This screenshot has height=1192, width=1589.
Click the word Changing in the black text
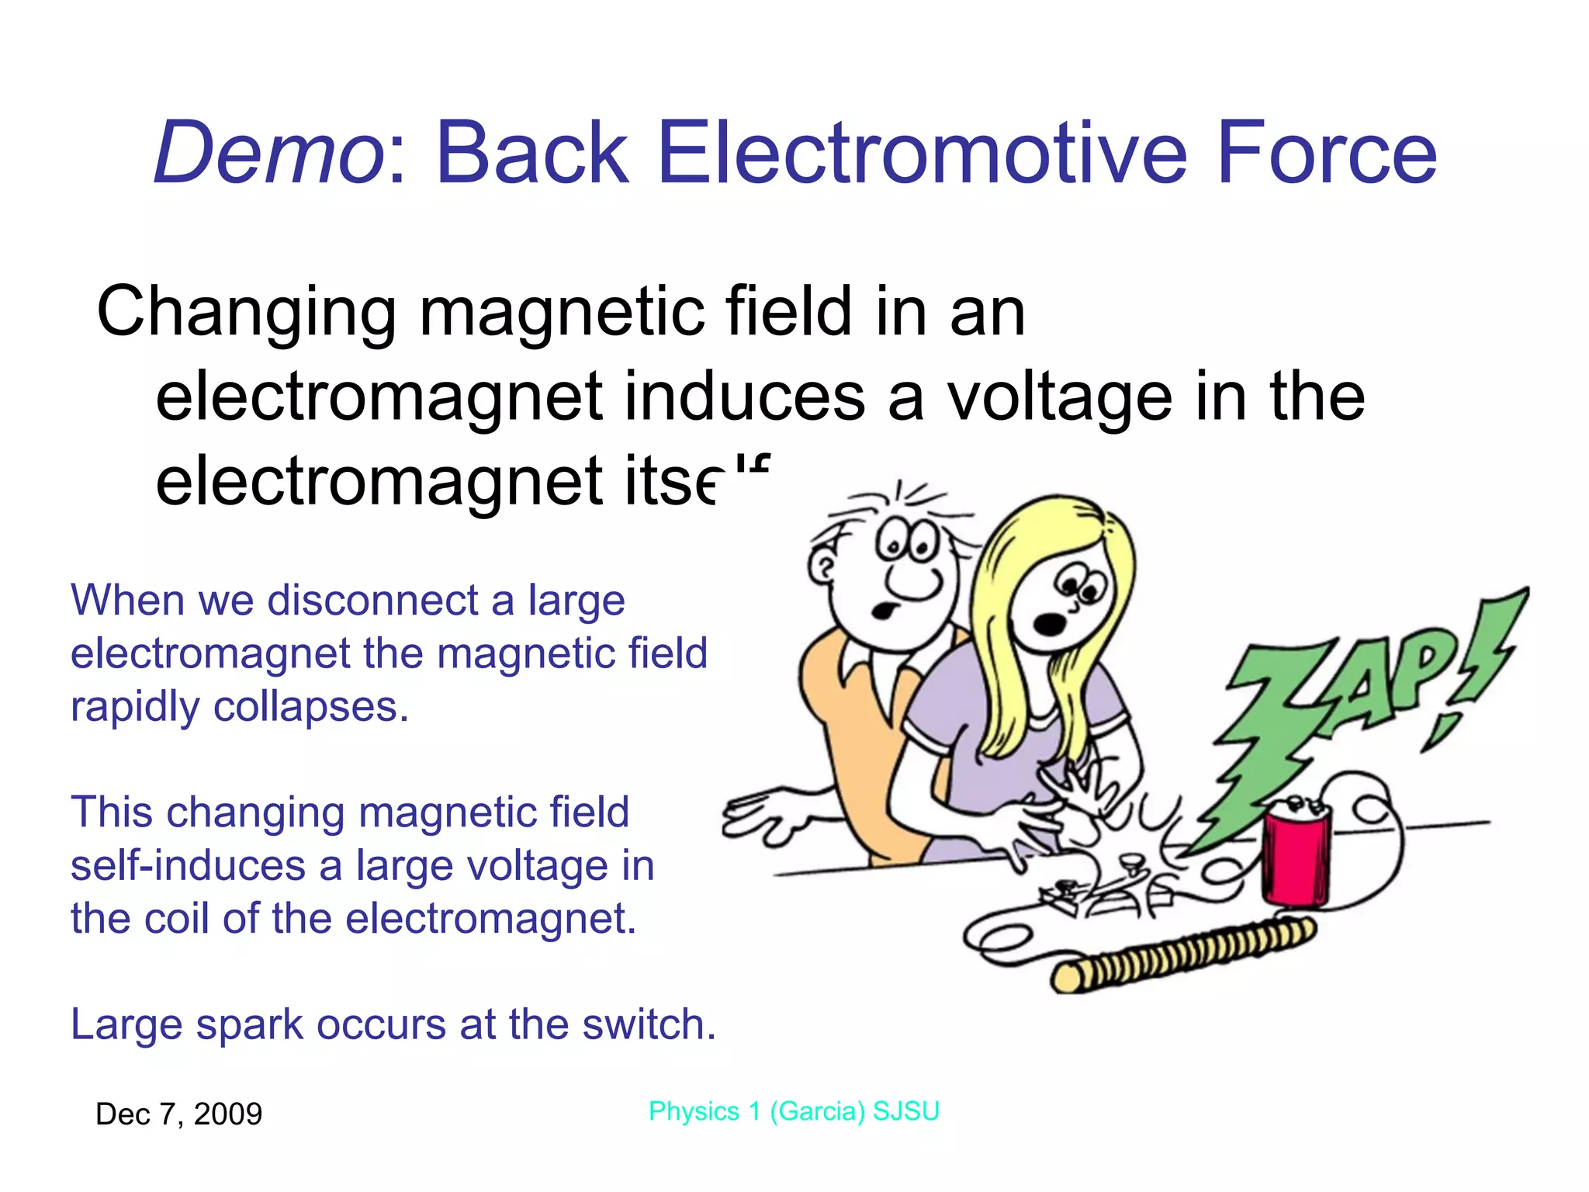246,312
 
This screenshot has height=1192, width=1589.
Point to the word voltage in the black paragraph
1059,397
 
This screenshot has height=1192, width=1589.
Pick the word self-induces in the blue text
187,865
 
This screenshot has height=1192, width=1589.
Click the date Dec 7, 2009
178,1114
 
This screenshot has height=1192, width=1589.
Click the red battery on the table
1294,854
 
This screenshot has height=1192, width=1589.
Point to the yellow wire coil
1183,955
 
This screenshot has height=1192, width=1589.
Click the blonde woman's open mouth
1049,623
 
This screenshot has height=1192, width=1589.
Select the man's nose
914,580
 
